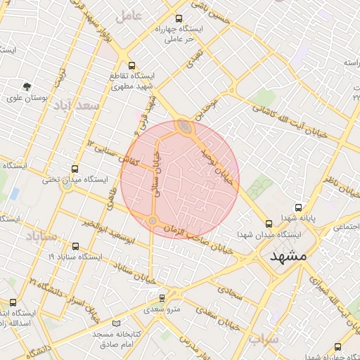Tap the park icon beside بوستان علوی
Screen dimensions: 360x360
(x=27, y=86)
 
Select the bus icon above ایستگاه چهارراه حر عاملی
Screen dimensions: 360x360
(x=179, y=19)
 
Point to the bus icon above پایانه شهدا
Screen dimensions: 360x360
(x=299, y=208)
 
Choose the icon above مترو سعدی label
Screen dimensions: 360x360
(x=162, y=298)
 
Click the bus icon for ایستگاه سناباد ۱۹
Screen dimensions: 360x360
(x=76, y=247)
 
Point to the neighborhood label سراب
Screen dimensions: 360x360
(x=263, y=339)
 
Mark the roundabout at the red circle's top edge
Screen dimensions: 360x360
(x=186, y=127)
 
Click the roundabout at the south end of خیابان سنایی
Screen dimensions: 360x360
(x=153, y=221)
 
